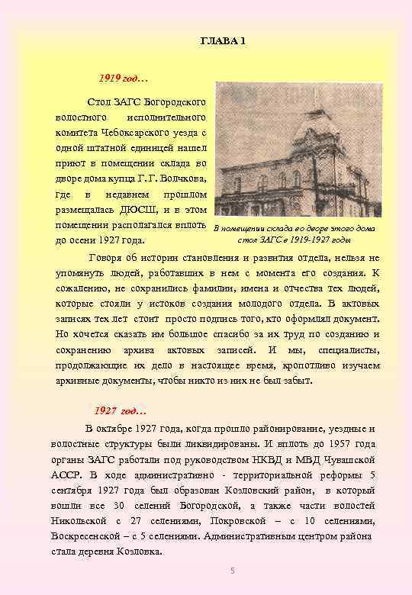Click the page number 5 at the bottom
(233, 572)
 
